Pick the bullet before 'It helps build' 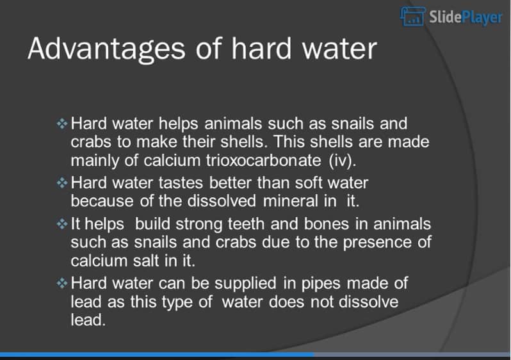click(x=62, y=225)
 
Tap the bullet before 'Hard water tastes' click(x=62, y=183)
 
